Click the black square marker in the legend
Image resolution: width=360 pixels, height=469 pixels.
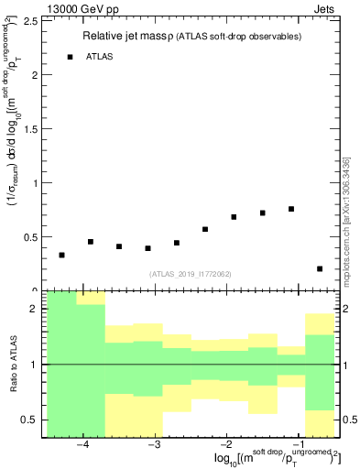click(71, 57)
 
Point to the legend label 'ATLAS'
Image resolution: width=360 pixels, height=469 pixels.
click(100, 57)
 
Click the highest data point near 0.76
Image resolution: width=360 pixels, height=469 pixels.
click(291, 209)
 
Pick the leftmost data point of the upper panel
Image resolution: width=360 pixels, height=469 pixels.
click(61, 255)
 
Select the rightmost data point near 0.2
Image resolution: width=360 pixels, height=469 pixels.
click(320, 268)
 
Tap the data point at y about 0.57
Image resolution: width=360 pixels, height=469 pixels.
click(205, 229)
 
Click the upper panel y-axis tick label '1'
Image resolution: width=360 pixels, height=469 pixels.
click(35, 182)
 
